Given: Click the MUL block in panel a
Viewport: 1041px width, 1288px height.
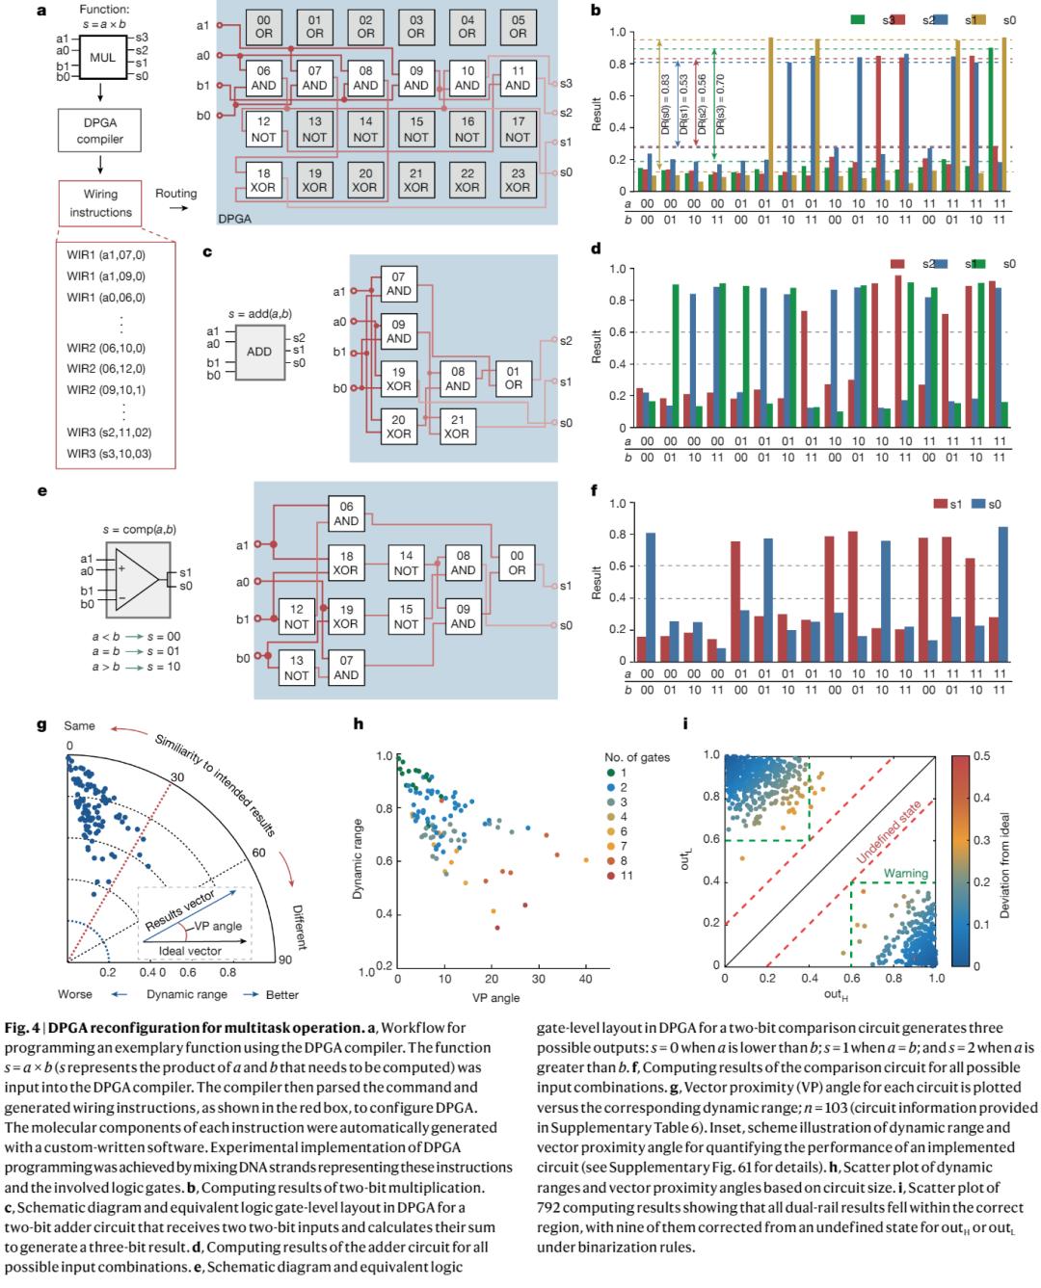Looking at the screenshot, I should click(103, 58).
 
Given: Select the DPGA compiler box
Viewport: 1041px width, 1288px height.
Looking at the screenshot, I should click(100, 131).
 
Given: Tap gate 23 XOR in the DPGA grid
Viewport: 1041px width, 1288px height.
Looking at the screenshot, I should click(518, 180).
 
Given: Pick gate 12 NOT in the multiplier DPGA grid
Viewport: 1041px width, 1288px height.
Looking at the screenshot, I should click(263, 130).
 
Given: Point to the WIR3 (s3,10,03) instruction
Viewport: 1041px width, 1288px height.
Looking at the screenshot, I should click(109, 453).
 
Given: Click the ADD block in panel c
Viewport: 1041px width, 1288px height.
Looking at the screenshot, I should click(259, 352).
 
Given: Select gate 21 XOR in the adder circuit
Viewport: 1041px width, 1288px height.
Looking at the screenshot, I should click(457, 426).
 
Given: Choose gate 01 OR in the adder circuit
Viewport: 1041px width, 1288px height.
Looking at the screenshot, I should click(513, 378).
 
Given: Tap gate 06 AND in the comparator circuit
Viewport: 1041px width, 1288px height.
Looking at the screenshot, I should click(346, 513).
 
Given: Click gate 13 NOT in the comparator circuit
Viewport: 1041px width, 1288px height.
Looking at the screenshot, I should click(296, 668).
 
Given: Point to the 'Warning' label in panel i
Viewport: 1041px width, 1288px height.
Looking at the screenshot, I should click(879, 873).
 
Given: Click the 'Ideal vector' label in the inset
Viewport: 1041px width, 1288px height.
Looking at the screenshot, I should click(190, 951).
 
